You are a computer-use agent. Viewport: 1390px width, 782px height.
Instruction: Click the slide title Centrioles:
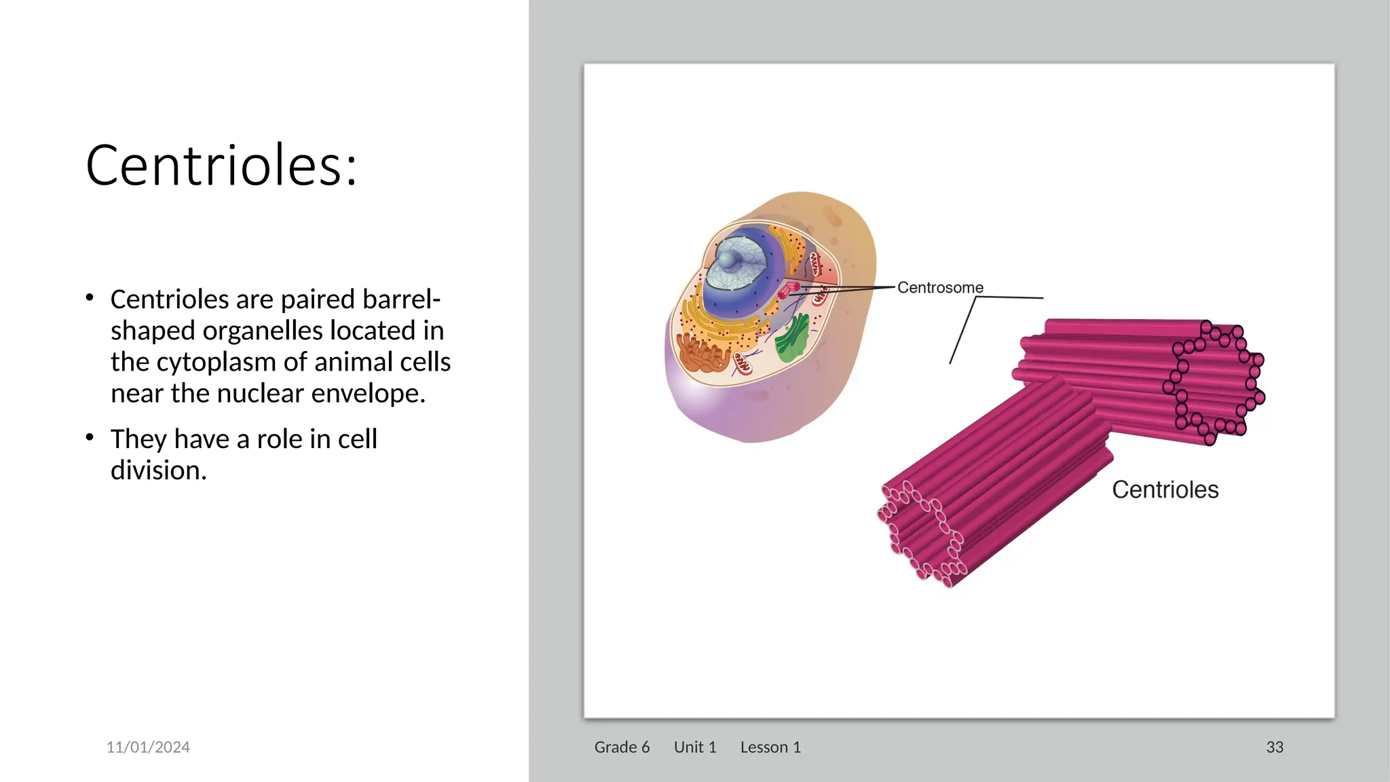pyautogui.click(x=221, y=166)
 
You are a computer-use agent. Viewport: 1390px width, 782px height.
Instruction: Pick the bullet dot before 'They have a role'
pyautogui.click(x=90, y=438)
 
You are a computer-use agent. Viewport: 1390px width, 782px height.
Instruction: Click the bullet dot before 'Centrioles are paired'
pyautogui.click(x=90, y=297)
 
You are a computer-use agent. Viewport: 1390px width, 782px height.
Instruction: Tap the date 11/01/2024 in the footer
pyautogui.click(x=148, y=747)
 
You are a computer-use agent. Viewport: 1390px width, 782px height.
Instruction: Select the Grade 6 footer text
pyautogui.click(x=622, y=747)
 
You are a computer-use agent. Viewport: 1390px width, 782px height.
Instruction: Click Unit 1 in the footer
pyautogui.click(x=695, y=747)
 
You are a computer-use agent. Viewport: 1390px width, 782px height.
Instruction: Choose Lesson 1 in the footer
pyautogui.click(x=770, y=747)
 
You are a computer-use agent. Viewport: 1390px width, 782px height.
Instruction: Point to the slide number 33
pyautogui.click(x=1275, y=747)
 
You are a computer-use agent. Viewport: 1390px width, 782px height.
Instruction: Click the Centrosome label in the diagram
pyautogui.click(x=940, y=288)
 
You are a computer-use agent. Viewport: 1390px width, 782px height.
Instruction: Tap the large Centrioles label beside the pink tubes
pyautogui.click(x=1165, y=489)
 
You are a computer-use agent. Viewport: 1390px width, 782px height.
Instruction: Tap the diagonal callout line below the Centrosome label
pyautogui.click(x=962, y=331)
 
